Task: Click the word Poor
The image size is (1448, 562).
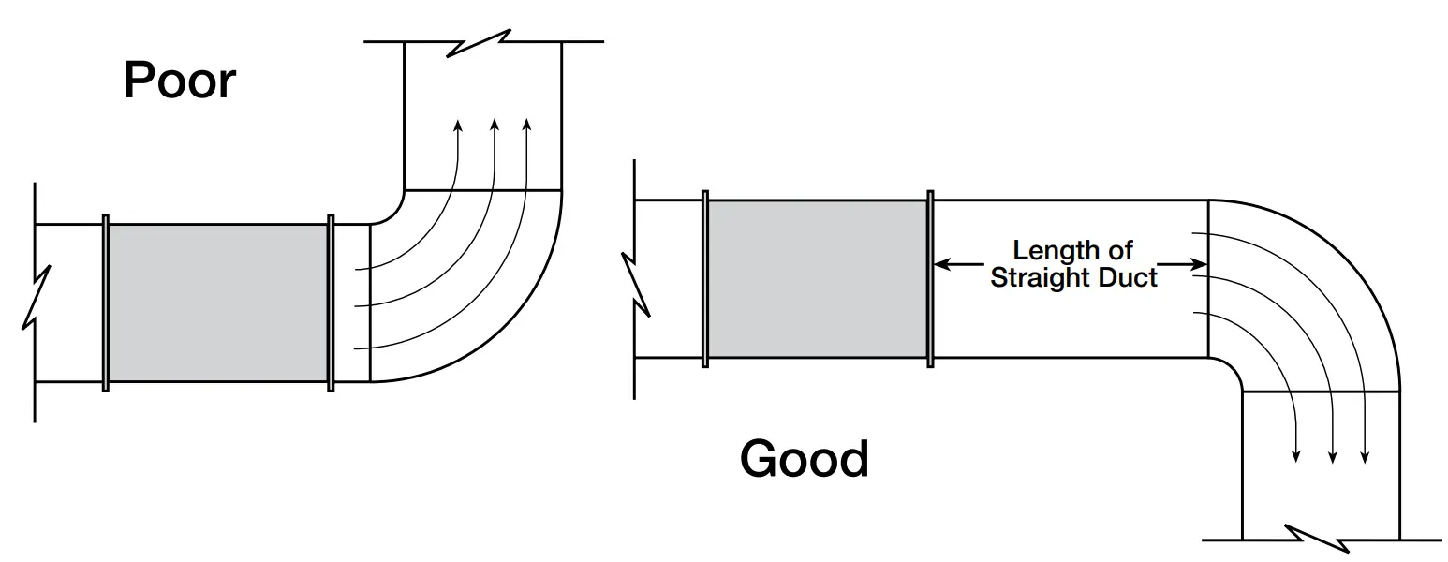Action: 179,81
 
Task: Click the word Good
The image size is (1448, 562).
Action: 804,459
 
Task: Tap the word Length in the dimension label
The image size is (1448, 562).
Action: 1045,251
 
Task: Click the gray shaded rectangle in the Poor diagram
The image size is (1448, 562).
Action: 218,303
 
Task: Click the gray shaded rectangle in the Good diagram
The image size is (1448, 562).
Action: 818,278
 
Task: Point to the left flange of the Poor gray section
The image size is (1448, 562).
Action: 106,303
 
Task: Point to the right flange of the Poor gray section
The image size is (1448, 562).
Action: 331,303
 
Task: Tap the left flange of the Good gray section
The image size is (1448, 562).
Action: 704,278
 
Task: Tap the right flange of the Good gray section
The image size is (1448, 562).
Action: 930,278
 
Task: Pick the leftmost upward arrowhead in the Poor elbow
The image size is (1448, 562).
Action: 458,126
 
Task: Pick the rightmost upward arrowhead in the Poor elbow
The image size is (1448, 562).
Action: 526,126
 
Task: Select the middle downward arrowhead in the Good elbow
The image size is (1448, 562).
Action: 1333,456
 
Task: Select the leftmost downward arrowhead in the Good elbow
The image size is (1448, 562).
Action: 1296,456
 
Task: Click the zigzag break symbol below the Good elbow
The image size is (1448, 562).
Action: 1319,540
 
